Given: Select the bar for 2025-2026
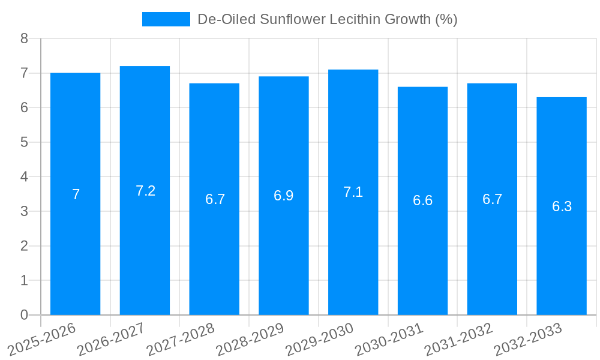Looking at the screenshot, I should (x=75, y=194).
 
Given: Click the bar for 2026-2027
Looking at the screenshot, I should (x=145, y=190).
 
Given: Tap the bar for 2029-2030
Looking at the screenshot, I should (x=353, y=192).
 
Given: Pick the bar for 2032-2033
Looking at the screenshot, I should (x=562, y=206).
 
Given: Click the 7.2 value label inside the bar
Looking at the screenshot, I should (x=145, y=191).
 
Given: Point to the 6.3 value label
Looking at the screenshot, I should (x=562, y=206).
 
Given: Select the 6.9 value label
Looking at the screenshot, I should (x=283, y=196).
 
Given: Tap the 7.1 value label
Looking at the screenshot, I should (x=353, y=192).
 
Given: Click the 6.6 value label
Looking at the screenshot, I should (x=422, y=200).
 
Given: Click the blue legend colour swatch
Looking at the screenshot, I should (x=166, y=19).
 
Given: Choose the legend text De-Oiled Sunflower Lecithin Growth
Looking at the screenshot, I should (x=328, y=19).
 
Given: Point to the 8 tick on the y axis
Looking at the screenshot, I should (x=24, y=38).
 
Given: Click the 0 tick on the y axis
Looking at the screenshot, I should (x=24, y=315).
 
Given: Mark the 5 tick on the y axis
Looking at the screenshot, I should (x=24, y=142).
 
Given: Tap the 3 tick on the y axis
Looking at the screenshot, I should (x=24, y=211).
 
